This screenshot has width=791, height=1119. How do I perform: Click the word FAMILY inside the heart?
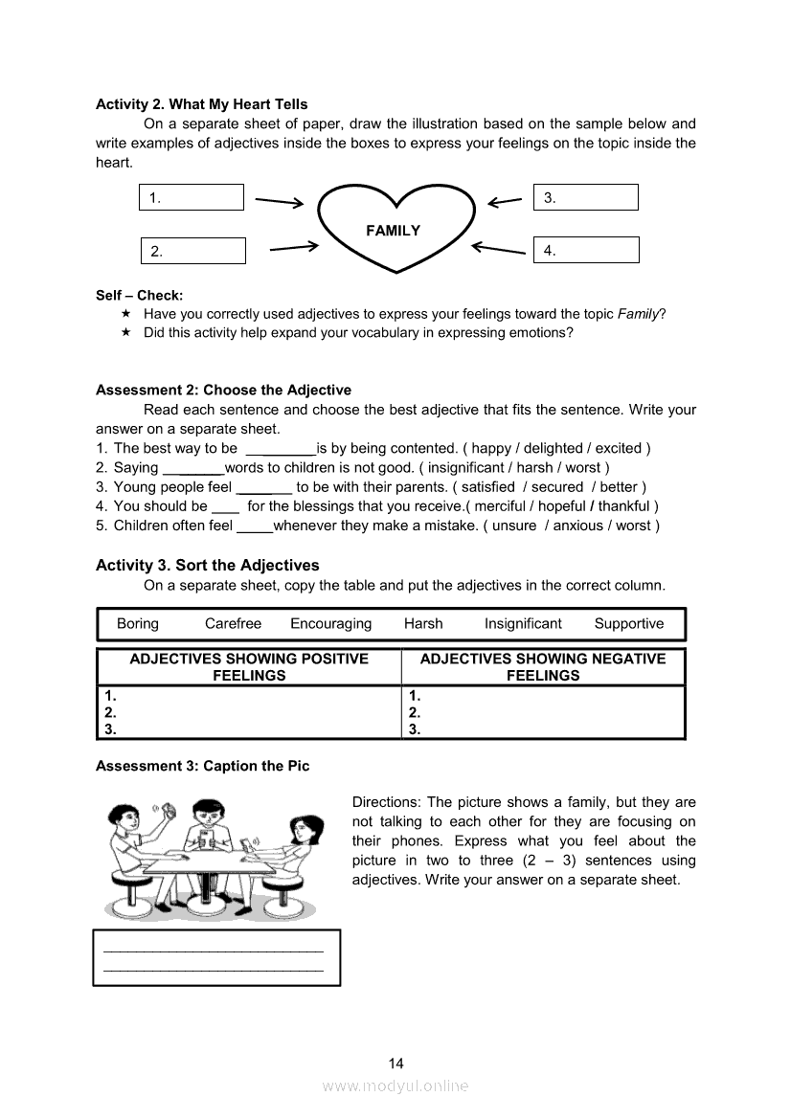click(x=393, y=231)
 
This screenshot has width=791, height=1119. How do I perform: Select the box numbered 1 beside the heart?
click(x=192, y=198)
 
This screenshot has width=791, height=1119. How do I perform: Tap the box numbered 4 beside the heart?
click(x=585, y=251)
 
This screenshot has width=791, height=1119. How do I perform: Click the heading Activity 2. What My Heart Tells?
click(x=202, y=104)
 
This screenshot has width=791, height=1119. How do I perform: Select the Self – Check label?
click(x=139, y=296)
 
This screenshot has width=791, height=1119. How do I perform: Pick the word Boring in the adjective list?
click(x=138, y=624)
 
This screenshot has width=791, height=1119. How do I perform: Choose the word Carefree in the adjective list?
click(x=233, y=624)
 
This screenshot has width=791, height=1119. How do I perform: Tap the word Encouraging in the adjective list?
click(x=330, y=624)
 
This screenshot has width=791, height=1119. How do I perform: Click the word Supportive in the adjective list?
click(x=628, y=624)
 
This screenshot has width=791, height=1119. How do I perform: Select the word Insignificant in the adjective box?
click(x=523, y=624)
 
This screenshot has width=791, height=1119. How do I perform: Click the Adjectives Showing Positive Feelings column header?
click(x=249, y=667)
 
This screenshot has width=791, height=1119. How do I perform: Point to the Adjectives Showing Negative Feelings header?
click(x=543, y=667)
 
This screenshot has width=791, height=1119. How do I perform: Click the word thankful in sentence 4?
click(x=623, y=506)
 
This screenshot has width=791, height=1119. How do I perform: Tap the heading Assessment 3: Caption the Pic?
click(x=203, y=767)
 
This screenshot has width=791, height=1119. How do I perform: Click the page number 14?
click(x=396, y=1063)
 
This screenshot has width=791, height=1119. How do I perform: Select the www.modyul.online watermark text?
click(x=395, y=1085)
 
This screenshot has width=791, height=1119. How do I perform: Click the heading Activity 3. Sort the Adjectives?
click(x=208, y=566)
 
